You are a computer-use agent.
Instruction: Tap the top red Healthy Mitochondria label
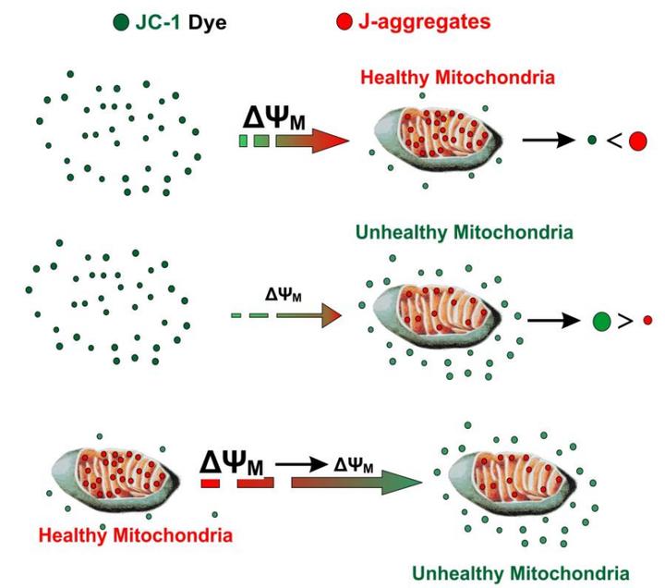[458, 78]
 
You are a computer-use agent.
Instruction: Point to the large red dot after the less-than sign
[636, 141]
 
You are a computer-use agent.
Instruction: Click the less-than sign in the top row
[611, 141]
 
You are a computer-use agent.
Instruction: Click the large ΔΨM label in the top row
[272, 116]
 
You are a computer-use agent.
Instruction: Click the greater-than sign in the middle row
[624, 321]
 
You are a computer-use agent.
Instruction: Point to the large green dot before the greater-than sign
[600, 321]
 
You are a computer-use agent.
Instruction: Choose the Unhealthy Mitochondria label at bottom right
[521, 570]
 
